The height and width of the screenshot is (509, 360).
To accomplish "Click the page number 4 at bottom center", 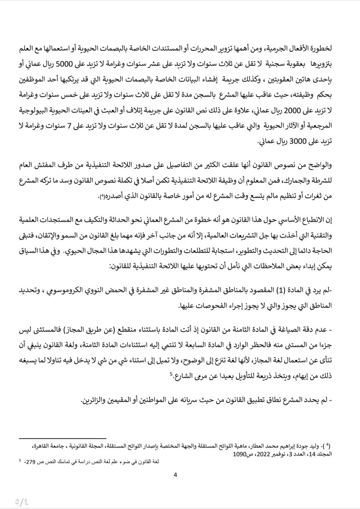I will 175,474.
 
